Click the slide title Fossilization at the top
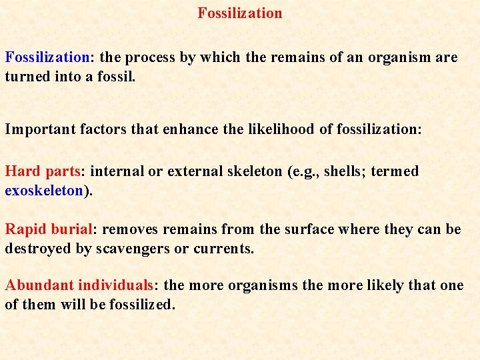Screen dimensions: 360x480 click(240, 13)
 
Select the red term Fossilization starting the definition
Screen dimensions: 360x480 click(47, 57)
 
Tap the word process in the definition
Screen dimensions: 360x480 click(151, 57)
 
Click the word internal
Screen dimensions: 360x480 click(117, 171)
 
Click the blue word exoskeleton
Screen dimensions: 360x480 click(44, 191)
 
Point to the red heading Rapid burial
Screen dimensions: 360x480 click(49, 230)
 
